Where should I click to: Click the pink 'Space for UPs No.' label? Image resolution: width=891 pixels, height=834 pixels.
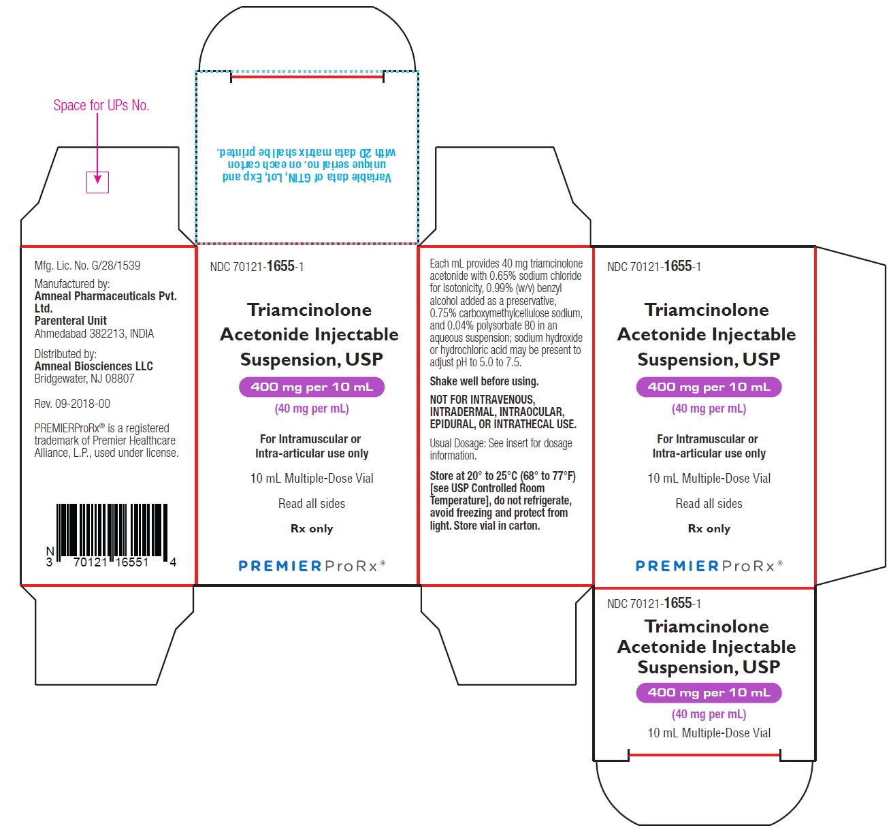101,106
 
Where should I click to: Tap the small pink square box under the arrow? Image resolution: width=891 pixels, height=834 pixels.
97,182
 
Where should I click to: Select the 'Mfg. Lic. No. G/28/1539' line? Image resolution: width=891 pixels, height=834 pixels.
88,266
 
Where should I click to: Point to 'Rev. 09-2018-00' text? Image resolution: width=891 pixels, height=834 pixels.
72,404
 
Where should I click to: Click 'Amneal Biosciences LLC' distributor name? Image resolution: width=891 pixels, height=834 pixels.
94,366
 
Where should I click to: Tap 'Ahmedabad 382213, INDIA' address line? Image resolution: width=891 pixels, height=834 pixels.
94,334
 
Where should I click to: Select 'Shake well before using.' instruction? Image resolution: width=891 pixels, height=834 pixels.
484,381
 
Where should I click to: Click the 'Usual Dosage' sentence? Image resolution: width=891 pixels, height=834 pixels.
501,449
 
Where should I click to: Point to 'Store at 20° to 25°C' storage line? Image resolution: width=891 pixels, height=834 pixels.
502,476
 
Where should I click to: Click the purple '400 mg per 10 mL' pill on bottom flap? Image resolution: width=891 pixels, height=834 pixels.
709,692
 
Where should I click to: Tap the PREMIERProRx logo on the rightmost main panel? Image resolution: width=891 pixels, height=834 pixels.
709,566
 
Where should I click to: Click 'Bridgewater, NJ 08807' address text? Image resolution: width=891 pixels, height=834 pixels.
84,379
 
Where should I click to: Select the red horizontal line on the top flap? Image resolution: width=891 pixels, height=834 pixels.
307,77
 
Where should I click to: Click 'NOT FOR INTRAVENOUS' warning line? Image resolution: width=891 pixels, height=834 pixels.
483,400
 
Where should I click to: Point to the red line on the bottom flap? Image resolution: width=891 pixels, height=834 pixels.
704,755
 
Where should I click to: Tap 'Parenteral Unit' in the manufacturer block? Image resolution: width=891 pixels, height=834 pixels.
70,321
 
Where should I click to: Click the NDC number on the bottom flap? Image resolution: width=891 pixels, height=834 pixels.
653,603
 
